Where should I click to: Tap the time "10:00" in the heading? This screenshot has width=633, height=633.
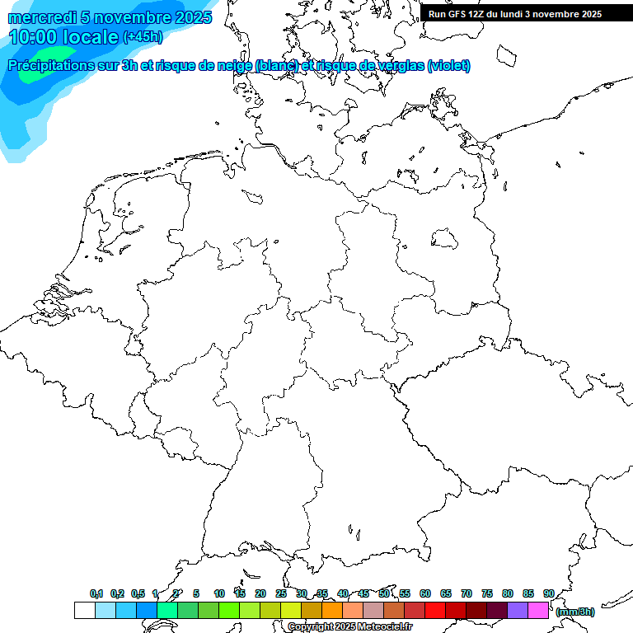coord(35,37)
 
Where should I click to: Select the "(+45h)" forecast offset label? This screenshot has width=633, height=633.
coord(143,37)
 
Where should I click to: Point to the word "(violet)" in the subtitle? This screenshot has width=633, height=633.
coord(448,65)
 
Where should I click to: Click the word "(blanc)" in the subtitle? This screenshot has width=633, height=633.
coord(275,65)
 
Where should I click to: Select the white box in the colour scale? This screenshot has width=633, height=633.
coord(84,610)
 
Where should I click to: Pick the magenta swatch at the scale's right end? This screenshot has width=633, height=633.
coord(538,610)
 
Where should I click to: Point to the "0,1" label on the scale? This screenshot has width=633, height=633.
coord(96,593)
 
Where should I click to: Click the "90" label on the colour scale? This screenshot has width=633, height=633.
coord(548,593)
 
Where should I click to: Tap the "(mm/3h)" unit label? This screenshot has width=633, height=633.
coord(574,612)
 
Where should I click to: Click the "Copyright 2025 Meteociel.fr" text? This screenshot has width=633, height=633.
coord(349,626)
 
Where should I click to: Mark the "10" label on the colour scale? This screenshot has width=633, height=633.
coord(218,593)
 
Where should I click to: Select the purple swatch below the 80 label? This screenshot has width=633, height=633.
coord(518,610)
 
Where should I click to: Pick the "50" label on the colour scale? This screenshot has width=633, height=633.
coord(384,593)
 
